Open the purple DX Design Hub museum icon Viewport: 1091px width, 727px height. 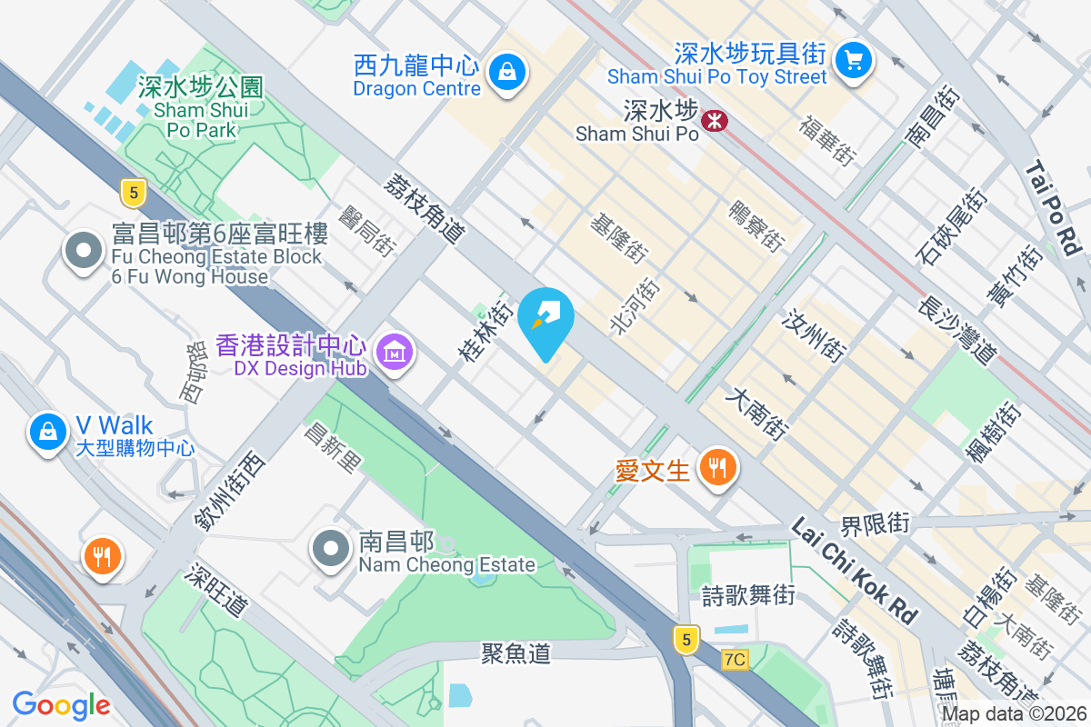[x=395, y=350]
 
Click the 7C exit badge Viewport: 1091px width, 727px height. [x=736, y=659]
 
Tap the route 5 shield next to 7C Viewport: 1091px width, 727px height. [x=686, y=640]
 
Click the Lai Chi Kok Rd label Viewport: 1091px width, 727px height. [x=854, y=570]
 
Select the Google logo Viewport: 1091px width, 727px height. [x=61, y=705]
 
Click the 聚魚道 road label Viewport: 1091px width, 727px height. [x=516, y=652]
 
